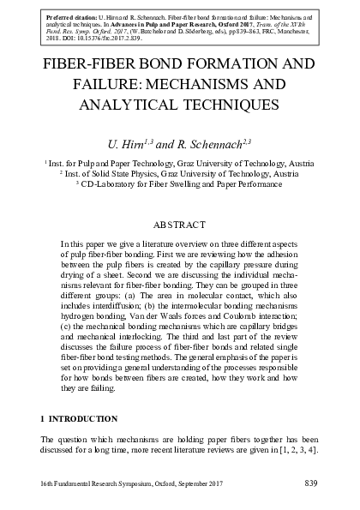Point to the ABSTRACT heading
pyautogui.click(x=179, y=225)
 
